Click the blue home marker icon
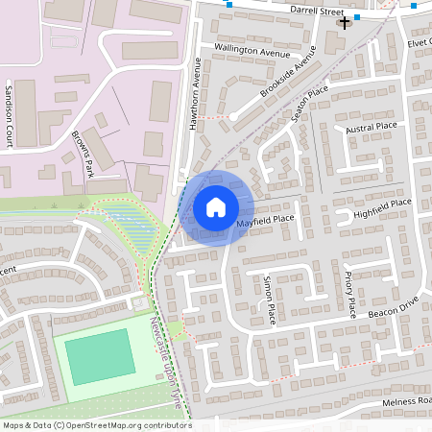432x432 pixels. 216,206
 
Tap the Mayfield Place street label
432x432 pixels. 265,220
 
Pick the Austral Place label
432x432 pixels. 372,127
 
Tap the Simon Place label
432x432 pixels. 269,299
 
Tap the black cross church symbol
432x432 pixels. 344,21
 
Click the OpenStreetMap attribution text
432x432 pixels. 96,424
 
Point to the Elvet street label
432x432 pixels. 420,41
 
